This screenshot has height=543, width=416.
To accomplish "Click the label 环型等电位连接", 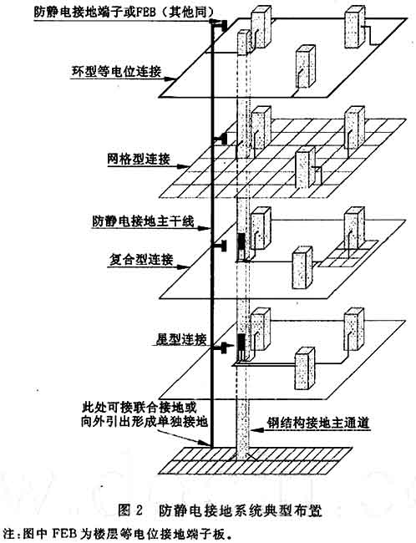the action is [116, 71].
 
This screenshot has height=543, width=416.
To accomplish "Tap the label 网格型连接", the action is [139, 159].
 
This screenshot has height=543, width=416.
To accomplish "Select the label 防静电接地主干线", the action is [143, 221].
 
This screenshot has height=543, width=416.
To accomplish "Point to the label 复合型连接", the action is [141, 260].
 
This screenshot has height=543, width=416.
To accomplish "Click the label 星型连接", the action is [180, 338].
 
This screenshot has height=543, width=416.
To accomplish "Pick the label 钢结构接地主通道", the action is [318, 424].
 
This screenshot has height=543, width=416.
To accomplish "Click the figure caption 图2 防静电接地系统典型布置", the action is [220, 510].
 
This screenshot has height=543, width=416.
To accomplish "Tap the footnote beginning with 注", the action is [115, 534].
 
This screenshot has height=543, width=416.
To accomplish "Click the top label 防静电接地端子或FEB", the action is [123, 13].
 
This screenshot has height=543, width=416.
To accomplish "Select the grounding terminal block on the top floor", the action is [221, 25].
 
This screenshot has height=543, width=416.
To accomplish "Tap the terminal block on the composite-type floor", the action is [221, 246].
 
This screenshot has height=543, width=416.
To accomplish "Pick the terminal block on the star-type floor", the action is [222, 347].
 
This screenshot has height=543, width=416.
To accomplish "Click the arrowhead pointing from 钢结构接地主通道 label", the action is [255, 430].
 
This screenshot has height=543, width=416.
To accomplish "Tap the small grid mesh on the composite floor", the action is [348, 253].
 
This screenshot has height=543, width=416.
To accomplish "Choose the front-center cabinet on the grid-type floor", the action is [306, 168].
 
